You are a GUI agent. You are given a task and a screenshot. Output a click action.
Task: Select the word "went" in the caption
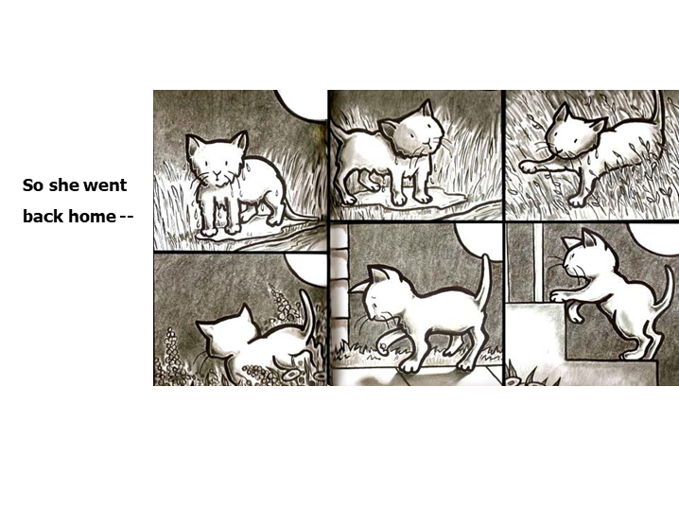[x=105, y=185]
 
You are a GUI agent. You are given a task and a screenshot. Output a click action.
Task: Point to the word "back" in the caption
[x=43, y=216]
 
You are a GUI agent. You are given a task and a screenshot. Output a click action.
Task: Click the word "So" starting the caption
[x=32, y=185]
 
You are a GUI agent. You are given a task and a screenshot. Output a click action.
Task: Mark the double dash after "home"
[x=126, y=216]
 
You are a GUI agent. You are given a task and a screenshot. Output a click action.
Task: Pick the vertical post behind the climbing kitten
[x=537, y=260]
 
